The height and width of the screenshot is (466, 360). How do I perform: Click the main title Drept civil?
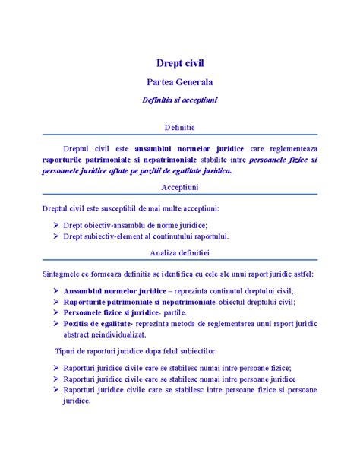pos(179,62)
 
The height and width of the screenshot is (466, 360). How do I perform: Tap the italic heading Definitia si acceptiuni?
pos(179,100)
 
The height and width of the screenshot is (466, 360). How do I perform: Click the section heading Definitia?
pos(179,126)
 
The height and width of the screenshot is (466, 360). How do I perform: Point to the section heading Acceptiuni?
pos(179,186)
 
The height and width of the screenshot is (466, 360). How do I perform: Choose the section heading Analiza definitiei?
pos(179,252)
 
